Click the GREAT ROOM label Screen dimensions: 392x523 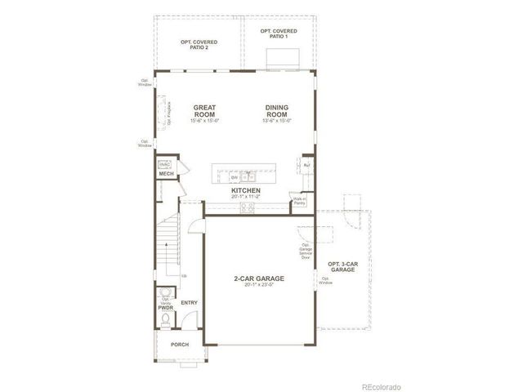click(x=204, y=111)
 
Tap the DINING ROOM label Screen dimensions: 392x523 click(x=277, y=111)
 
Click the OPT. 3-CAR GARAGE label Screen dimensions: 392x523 click(x=342, y=266)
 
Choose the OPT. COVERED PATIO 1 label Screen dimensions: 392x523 click(x=279, y=33)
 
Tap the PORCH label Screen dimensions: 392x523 click(x=180, y=345)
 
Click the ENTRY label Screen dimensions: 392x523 click(x=190, y=303)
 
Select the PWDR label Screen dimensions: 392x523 click(x=165, y=308)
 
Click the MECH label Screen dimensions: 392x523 click(x=166, y=174)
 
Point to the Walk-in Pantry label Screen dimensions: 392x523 click(x=299, y=201)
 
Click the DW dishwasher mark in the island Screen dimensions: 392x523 click(x=234, y=177)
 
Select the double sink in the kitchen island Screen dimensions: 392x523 click(x=248, y=176)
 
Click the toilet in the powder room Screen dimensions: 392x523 click(x=164, y=321)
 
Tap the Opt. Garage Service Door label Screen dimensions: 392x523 click(x=305, y=251)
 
